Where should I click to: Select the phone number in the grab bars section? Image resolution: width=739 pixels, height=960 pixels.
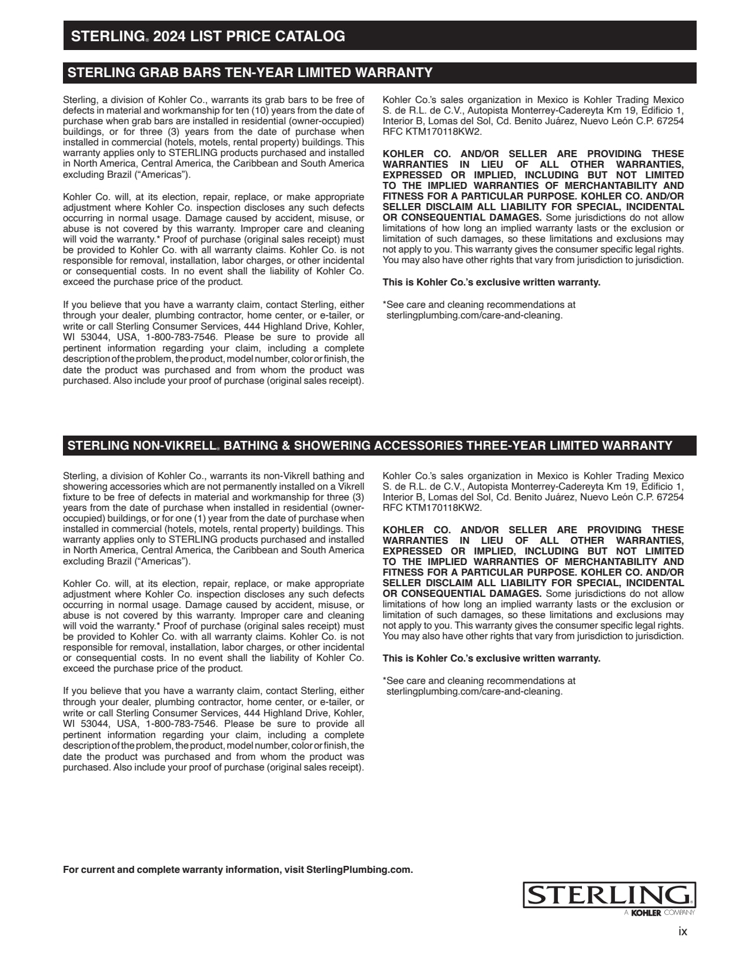pos(181,337)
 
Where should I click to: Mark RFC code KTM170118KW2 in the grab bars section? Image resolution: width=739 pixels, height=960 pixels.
pos(441,132)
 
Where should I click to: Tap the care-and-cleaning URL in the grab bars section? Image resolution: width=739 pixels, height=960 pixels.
pos(474,315)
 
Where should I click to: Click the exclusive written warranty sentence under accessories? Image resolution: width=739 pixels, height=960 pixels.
pos(491,658)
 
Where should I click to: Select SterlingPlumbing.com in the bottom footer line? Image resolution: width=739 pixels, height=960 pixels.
pos(358,870)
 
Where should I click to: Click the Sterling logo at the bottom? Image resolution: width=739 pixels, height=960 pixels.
pos(609,895)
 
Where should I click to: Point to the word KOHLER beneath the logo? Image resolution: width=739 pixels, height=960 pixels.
pos(646,913)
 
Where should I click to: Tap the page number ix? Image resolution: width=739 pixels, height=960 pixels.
pos(683,932)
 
